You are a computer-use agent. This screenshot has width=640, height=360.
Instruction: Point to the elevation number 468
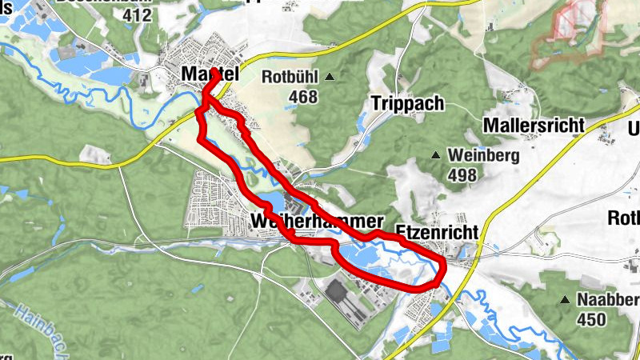click(304, 97)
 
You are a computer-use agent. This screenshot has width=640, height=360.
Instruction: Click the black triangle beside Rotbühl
click(329, 78)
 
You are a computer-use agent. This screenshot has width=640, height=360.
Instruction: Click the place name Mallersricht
click(534, 126)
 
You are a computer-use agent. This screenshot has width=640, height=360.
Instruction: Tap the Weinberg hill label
click(485, 154)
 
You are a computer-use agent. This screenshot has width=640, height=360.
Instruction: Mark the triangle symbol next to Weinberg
click(436, 154)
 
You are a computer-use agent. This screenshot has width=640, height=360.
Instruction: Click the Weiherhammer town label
click(318, 221)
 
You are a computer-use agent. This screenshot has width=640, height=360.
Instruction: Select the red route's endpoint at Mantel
click(215, 73)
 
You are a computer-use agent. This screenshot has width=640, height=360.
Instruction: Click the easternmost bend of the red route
click(445, 266)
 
